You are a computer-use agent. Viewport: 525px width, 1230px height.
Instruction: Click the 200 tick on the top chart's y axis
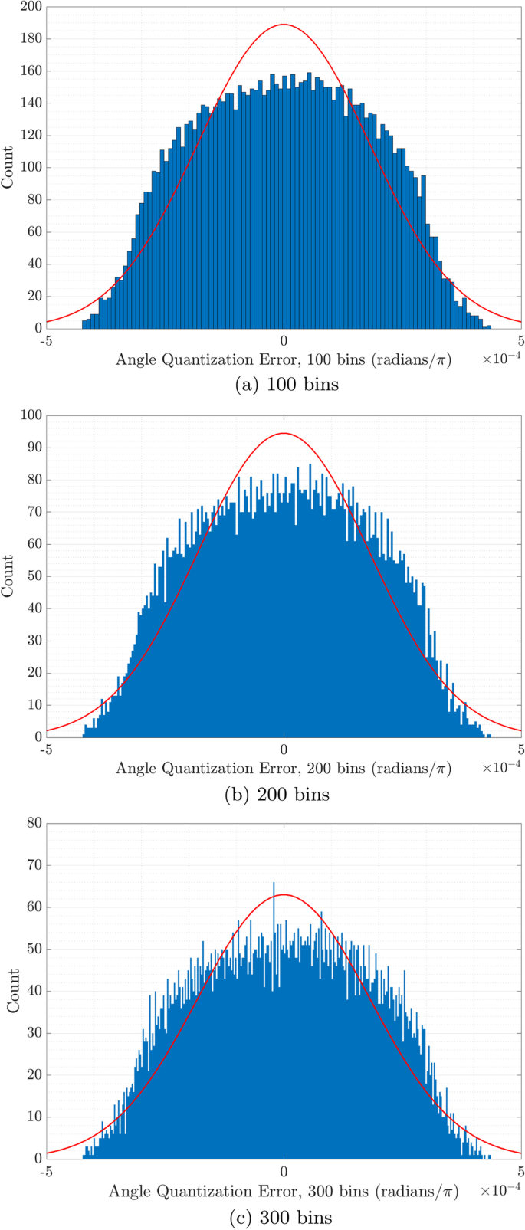pyautogui.click(x=31, y=7)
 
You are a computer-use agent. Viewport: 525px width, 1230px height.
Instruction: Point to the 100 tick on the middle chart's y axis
pyautogui.click(x=31, y=416)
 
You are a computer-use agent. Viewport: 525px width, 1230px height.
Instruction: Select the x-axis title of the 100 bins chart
pyautogui.click(x=283, y=359)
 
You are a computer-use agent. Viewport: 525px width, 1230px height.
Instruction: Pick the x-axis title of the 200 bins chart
pyautogui.click(x=283, y=769)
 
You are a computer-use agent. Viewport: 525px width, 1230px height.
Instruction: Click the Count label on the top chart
pyautogui.click(x=8, y=167)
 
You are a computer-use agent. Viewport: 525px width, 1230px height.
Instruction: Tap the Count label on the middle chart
pyautogui.click(x=8, y=576)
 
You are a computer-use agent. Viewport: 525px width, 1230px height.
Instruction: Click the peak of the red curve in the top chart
pyautogui.click(x=284, y=25)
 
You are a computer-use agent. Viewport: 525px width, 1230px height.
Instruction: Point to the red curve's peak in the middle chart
pyautogui.click(x=284, y=434)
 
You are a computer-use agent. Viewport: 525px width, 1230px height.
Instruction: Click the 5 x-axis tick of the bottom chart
pyautogui.click(x=520, y=1171)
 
